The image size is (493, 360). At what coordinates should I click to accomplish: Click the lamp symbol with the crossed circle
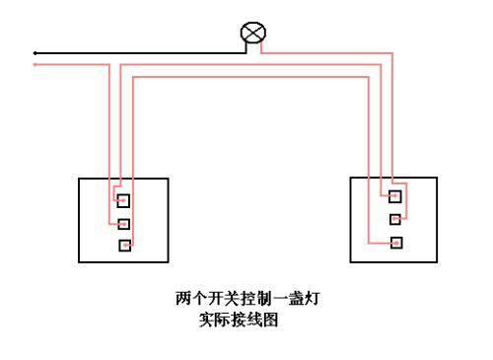pos(252,34)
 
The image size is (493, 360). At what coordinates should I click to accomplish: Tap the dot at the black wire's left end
pos(35,52)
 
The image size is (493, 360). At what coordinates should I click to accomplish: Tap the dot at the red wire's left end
pos(35,64)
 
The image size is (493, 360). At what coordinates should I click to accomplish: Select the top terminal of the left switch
pos(123,200)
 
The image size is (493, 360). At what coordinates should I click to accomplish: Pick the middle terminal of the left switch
pos(123,222)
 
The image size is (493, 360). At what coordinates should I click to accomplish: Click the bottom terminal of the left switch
pos(123,245)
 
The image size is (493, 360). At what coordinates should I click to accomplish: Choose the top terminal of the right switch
pos(395,196)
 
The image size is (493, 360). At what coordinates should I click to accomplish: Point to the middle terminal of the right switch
pos(395,219)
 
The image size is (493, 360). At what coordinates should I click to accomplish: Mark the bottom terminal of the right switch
pos(395,242)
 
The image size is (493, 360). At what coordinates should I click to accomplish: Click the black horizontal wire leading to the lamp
pos(138,52)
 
